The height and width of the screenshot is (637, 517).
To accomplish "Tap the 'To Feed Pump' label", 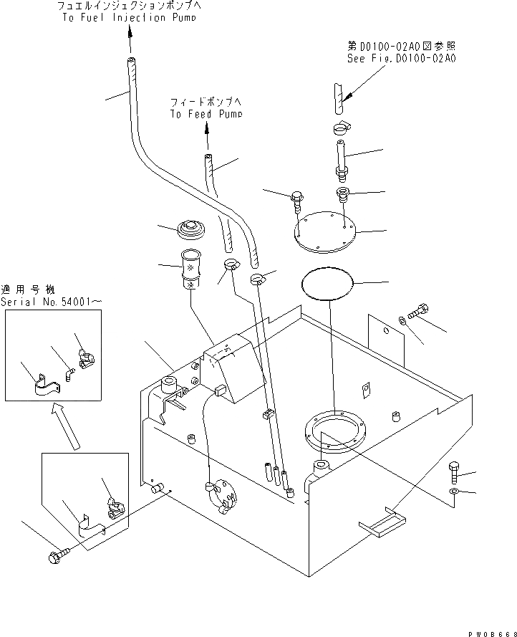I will pyautogui.click(x=206, y=113).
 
